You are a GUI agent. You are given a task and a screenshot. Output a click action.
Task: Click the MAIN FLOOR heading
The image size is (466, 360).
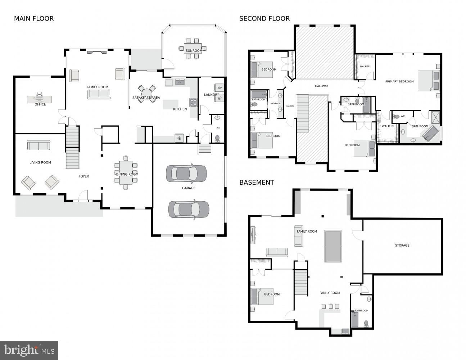tap(33, 19)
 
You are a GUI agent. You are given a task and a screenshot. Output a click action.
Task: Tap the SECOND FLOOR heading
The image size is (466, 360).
tap(264, 19)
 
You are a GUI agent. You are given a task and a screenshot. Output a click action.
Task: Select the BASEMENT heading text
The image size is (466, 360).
tap(257, 183)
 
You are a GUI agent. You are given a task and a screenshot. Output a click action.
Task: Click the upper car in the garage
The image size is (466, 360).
tap(186, 174)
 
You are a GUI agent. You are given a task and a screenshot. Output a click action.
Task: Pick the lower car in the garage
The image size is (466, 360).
tap(189, 210)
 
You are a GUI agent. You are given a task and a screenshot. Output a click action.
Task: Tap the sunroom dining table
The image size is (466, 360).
tap(193, 48)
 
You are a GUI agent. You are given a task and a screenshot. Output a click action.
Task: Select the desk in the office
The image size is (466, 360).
tap(40, 99)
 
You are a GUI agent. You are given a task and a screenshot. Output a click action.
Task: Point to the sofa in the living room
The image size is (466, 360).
tap(39, 145)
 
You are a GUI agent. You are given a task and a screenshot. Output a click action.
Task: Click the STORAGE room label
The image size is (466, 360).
tap(402, 246)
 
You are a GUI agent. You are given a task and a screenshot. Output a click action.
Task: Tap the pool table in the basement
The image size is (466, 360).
tap(333, 246)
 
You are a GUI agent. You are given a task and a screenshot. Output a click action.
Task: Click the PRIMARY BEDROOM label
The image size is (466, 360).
tap(399, 82)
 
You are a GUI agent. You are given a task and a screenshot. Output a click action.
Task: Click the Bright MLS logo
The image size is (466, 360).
tap(29, 350)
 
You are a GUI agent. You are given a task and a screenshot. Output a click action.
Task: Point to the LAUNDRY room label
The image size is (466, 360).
tap(211, 95)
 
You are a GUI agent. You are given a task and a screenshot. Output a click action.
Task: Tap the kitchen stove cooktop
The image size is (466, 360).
tap(193, 102)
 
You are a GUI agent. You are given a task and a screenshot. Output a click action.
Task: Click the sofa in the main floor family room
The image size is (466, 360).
tap(99, 94)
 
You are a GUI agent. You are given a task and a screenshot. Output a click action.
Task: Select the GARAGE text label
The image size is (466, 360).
tap(189, 188)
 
